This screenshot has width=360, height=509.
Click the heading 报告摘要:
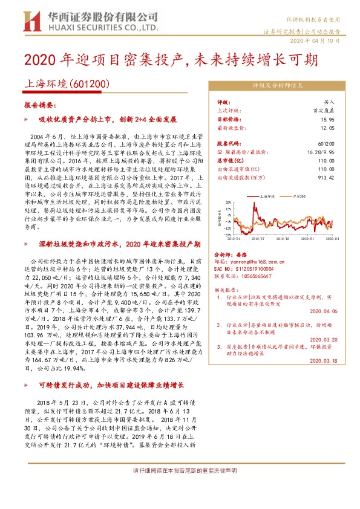38,105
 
